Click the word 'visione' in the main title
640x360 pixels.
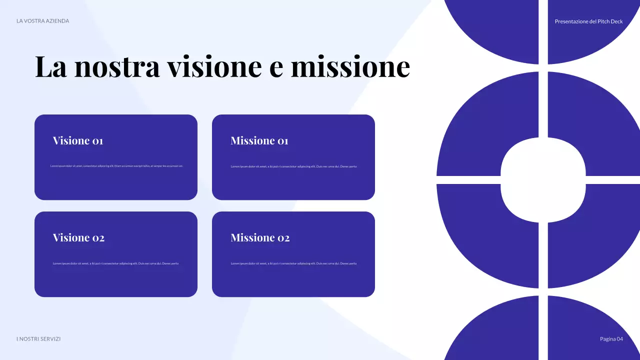click(214, 66)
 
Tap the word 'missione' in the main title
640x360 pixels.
click(350, 66)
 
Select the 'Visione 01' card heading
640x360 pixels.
click(78, 140)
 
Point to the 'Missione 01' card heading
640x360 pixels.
click(259, 140)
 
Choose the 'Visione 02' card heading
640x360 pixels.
click(78, 237)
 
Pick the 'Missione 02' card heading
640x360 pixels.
click(260, 237)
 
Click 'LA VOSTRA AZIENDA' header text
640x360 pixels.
click(43, 21)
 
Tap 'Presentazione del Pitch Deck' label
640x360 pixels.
click(588, 21)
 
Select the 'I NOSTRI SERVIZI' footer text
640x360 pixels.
click(38, 339)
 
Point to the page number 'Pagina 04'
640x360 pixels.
click(611, 339)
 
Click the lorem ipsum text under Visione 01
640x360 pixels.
click(116, 166)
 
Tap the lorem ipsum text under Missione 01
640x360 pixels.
click(293, 166)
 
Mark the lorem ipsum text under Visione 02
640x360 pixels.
click(115, 263)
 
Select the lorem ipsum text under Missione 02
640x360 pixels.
click(293, 263)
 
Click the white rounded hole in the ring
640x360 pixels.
click(543, 180)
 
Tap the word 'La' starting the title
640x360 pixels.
click(51, 66)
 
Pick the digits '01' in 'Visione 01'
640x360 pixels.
click(97, 141)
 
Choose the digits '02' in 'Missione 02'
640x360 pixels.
click(283, 238)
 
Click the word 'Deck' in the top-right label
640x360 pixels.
click(617, 21)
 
